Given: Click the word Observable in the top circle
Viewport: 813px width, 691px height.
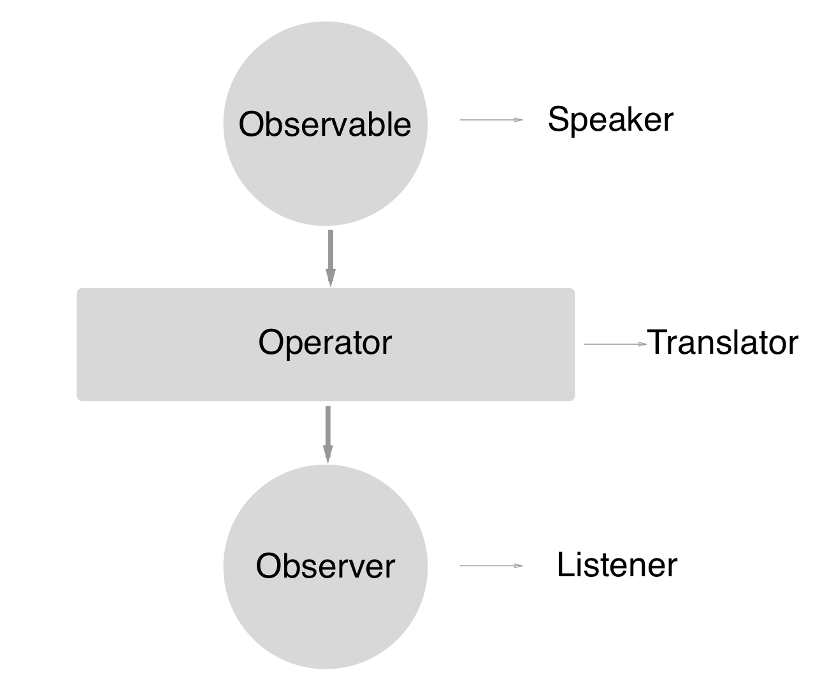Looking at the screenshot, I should click(x=325, y=124).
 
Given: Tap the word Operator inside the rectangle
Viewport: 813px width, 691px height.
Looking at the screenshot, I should click(x=325, y=342).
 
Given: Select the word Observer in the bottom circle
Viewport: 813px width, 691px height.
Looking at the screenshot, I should click(x=325, y=565).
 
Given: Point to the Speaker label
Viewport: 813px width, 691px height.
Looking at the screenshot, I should click(x=610, y=120).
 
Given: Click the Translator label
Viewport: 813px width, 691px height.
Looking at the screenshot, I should click(x=723, y=343).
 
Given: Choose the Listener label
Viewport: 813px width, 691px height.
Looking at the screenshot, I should click(x=616, y=565).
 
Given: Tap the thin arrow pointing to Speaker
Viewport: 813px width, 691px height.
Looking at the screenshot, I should click(x=491, y=120).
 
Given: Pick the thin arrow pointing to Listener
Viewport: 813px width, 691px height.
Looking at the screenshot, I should click(x=491, y=565).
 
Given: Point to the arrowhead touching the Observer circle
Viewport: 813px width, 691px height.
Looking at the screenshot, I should click(x=327, y=454).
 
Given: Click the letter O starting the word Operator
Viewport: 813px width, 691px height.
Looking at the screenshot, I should click(x=270, y=342).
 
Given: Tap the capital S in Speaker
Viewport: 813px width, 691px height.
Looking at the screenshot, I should click(x=558, y=120).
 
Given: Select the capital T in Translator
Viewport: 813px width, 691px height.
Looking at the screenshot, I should click(x=658, y=342).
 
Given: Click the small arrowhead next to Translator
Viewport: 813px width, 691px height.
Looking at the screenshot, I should click(x=643, y=344).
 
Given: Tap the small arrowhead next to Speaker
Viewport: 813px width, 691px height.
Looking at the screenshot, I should click(x=519, y=120).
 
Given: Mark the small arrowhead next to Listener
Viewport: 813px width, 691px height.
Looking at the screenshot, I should click(x=519, y=565).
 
